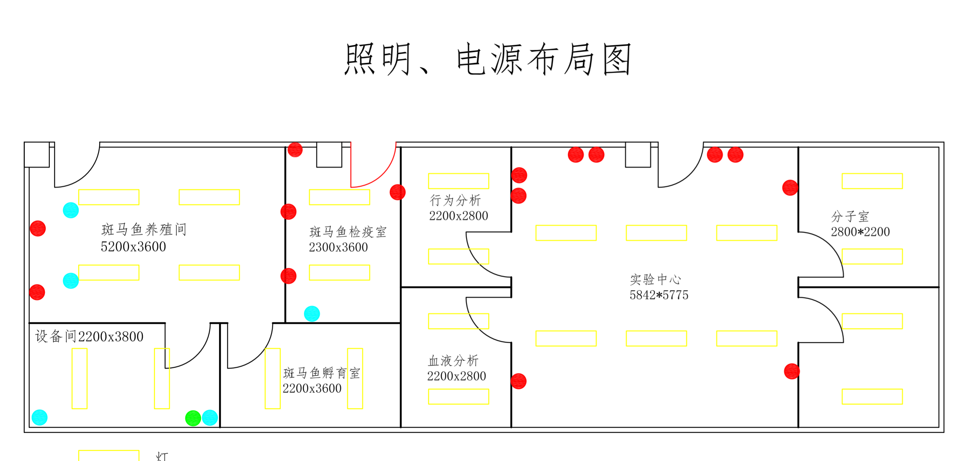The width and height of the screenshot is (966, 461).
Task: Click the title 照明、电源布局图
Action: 487,59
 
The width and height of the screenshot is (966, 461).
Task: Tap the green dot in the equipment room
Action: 193,418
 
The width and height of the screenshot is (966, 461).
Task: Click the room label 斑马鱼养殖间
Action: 144,230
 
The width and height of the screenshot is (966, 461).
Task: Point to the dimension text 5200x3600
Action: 133,247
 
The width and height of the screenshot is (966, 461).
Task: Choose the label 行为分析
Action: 455,200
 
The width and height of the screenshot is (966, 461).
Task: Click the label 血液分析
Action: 453,361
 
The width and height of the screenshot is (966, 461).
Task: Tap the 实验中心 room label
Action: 655,279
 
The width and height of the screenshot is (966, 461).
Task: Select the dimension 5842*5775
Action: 659,295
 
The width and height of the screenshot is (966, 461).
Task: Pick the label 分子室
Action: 850,217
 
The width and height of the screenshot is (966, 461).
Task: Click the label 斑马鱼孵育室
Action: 322,373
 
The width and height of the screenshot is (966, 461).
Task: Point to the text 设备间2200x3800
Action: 89,336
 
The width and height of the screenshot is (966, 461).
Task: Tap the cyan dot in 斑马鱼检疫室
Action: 312,314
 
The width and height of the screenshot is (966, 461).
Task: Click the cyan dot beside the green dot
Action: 210,418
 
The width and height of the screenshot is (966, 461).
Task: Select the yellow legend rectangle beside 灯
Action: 109,456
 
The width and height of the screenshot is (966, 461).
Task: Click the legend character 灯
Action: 162,456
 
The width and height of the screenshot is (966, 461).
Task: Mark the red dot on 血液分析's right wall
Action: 518,381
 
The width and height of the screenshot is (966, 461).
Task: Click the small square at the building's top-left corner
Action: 37,154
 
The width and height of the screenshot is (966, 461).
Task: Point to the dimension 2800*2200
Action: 860,232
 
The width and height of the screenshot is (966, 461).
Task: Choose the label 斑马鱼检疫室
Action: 348,232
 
